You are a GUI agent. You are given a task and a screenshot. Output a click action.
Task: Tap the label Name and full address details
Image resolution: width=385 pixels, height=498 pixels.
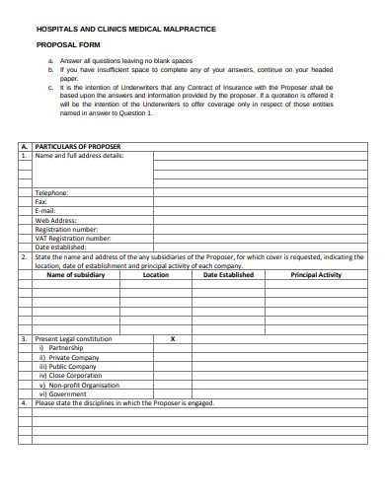pos(79,156)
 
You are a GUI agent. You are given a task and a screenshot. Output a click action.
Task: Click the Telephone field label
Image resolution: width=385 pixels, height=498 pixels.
pos(51,193)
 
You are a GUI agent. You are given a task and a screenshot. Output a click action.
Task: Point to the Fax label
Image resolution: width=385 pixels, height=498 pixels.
pos(41,202)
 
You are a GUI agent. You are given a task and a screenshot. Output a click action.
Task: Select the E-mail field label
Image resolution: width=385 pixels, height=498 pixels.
pos(45,211)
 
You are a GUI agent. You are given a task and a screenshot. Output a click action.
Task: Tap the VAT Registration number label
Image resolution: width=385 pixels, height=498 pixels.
pos(73,238)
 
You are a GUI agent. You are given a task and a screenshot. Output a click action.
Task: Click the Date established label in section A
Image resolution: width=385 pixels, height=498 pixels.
pos(61,247)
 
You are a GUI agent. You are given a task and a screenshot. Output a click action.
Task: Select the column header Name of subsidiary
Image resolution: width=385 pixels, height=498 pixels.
pos(76,275)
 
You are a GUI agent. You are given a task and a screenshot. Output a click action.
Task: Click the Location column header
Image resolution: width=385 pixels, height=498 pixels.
pos(156,275)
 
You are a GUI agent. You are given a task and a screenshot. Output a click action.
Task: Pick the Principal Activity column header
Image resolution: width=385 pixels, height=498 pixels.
pos(316,275)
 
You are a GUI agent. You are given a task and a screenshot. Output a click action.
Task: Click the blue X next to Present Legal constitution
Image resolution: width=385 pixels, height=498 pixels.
pos(173,339)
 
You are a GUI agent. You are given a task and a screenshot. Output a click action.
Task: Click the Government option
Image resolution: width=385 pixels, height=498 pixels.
pos(64,393)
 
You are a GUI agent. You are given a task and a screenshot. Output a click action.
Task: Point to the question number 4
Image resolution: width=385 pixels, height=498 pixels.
pos(25,402)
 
